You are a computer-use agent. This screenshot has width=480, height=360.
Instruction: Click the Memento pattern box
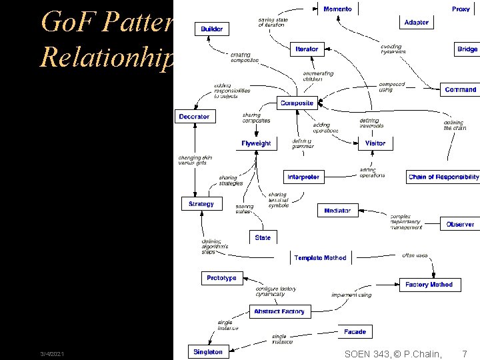[x=337, y=9]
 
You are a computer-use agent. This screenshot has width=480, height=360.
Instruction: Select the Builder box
[x=212, y=29]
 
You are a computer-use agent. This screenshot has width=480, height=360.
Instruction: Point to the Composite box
[x=297, y=103]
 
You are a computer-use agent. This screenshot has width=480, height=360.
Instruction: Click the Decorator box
[x=194, y=117]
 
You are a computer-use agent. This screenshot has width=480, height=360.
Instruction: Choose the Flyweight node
[x=256, y=143]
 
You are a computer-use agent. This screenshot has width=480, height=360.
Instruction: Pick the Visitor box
[x=375, y=143]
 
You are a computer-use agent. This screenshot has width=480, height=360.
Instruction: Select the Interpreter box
[x=303, y=177]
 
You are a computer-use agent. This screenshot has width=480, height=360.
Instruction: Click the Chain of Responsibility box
[x=443, y=177]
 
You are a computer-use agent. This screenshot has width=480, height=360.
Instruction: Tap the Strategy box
[x=201, y=204]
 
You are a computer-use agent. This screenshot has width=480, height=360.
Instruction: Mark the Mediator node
[x=337, y=211]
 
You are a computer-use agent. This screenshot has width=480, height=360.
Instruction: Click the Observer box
[x=460, y=224]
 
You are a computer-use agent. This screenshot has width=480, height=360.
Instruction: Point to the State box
[x=263, y=237]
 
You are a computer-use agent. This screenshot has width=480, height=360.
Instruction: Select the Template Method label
[x=320, y=258]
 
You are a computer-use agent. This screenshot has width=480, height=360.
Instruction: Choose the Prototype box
[x=221, y=278]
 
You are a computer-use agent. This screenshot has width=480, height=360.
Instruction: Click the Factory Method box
[x=429, y=285]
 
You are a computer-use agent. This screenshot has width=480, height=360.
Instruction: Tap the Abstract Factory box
[x=279, y=311]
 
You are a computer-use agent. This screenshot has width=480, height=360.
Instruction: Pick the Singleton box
[x=208, y=352]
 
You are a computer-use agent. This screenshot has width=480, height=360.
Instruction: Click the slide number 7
[x=465, y=353]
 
